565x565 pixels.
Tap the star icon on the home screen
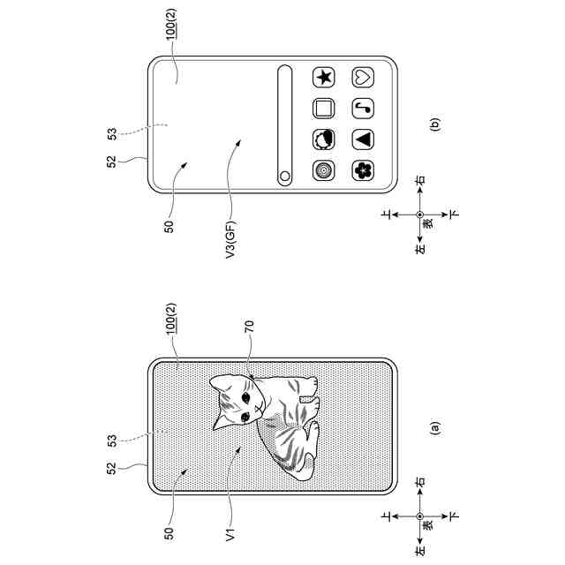pyautogui.click(x=323, y=77)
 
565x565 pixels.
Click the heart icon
pyautogui.click(x=363, y=77)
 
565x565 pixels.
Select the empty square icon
pyautogui.click(x=323, y=109)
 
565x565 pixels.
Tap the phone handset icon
pyautogui.click(x=363, y=109)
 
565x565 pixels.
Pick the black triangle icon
pyautogui.click(x=363, y=139)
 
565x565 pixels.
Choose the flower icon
pyautogui.click(x=363, y=169)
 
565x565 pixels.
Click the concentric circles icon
pyautogui.click(x=323, y=169)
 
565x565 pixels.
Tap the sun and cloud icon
pyautogui.click(x=323, y=139)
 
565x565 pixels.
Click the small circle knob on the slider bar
pyautogui.click(x=284, y=176)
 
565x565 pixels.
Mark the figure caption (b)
pyautogui.click(x=433, y=125)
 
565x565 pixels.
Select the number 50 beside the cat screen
pyautogui.click(x=168, y=533)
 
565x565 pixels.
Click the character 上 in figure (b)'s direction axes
pyautogui.click(x=386, y=215)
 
